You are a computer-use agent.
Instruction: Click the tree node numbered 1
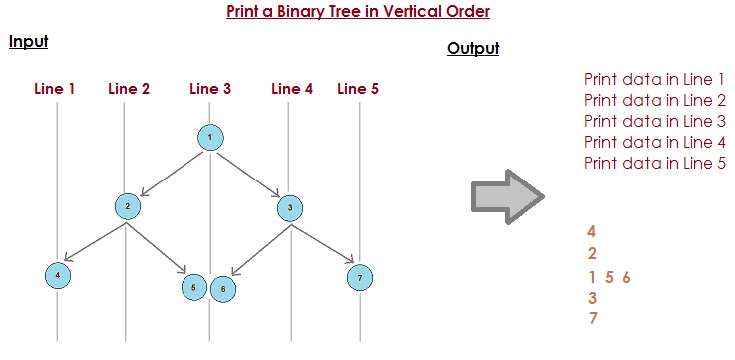pos(210,137)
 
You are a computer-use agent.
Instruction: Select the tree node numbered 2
pos(127,207)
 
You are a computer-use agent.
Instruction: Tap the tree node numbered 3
pos(288,207)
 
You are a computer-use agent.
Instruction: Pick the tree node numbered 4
pos(58,274)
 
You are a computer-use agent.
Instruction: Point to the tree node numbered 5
pos(194,288)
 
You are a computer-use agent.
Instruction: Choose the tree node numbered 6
pos(223,289)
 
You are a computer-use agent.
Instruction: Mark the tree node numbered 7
pos(359,276)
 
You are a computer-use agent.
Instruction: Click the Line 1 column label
pos(55,89)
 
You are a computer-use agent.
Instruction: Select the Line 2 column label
pos(129,89)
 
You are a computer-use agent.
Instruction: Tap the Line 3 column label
pos(210,89)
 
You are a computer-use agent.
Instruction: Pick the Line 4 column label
pos(292,89)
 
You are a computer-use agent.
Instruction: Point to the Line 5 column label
pos(358,89)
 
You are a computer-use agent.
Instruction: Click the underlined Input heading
pos(28,42)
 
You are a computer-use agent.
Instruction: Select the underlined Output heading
pos(473,49)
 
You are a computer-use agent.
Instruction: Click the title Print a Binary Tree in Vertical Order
pos(358,13)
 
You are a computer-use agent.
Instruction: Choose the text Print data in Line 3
pos(654,121)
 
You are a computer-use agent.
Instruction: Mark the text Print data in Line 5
pos(654,163)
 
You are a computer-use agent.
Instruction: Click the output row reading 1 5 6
pos(610,277)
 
